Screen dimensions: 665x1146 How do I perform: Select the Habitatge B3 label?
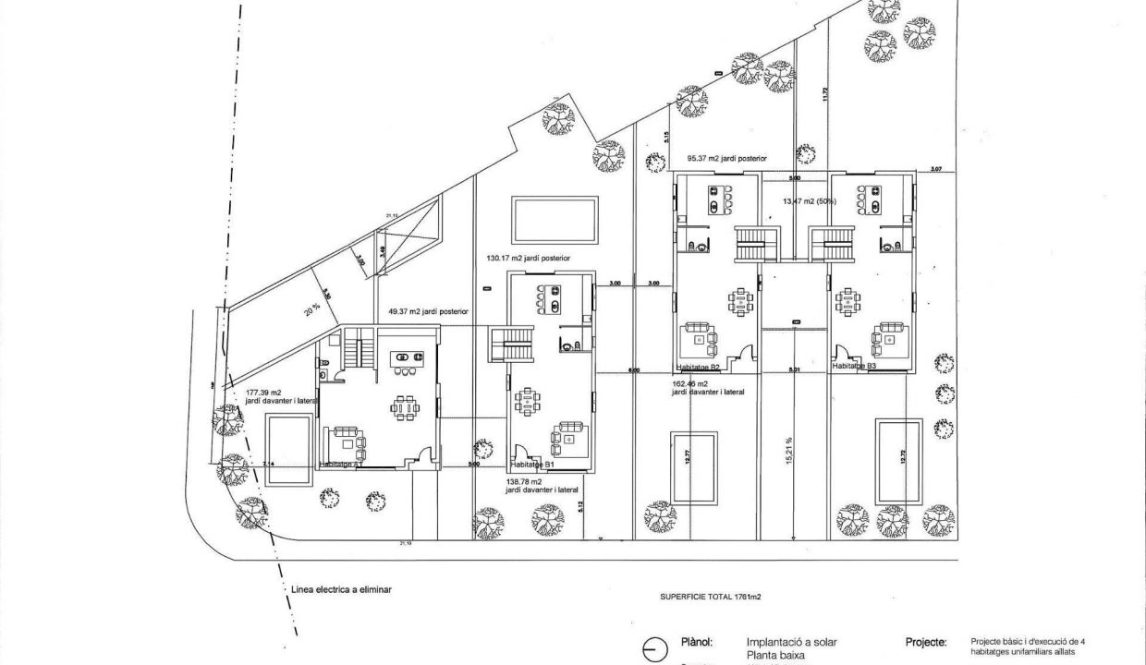tap(854, 367)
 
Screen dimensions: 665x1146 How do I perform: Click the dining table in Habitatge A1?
tap(404, 407)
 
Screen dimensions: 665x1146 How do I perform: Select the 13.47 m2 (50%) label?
tap(810, 200)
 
